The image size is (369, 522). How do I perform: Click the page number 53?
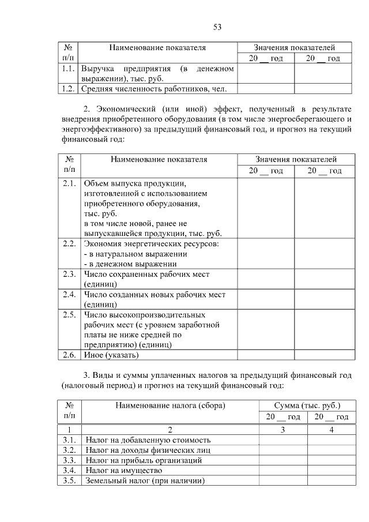tap(217, 27)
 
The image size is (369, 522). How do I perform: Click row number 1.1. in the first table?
tap(69, 69)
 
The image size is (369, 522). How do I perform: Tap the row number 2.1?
tap(69, 184)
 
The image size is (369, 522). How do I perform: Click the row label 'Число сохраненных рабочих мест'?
tap(146, 274)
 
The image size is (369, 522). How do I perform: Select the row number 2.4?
tap(69, 295)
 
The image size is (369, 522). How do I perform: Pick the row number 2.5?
tap(69, 315)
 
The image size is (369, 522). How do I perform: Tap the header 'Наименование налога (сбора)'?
tap(170, 405)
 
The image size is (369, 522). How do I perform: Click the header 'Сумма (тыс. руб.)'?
tap(307, 405)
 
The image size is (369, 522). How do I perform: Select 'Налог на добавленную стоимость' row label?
tap(148, 440)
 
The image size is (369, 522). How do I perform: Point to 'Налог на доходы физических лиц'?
tap(148, 450)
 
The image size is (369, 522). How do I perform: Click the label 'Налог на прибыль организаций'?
tap(144, 460)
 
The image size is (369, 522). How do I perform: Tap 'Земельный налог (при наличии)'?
tap(145, 480)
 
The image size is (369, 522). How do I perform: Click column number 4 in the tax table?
tap(331, 430)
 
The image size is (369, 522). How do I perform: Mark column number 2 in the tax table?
tap(170, 430)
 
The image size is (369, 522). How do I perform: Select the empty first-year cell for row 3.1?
tap(283, 440)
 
